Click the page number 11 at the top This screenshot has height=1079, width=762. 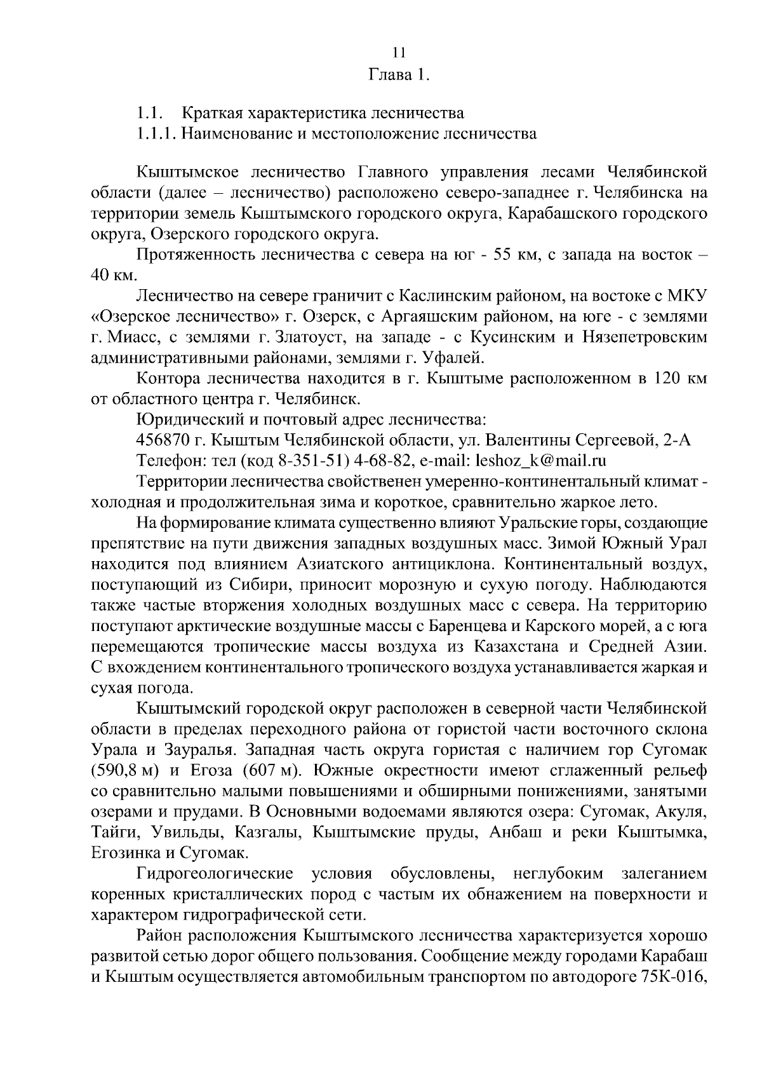pyautogui.click(x=399, y=52)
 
